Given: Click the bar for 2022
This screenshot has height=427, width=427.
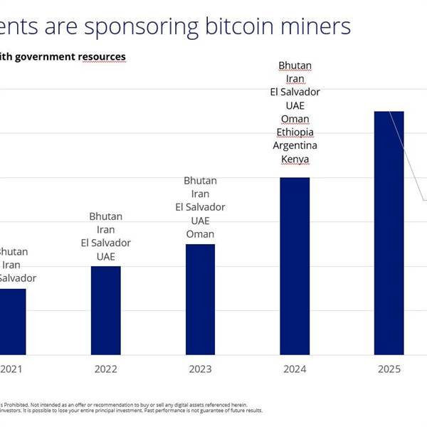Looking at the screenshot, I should tap(105, 310).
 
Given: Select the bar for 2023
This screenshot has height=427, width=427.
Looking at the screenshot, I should tap(200, 299).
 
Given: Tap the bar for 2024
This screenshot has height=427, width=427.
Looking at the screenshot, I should tap(295, 265).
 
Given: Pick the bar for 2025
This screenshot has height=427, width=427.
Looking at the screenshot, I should tap(389, 233).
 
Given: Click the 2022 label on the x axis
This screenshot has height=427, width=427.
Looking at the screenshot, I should tap(105, 369).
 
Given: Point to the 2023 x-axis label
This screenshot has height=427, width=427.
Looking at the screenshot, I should tap(200, 369).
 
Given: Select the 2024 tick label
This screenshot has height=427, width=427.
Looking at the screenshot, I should tap(295, 369).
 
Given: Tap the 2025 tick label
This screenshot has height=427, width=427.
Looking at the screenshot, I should tap(389, 369).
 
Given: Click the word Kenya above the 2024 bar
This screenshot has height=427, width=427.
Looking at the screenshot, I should tap(295, 159).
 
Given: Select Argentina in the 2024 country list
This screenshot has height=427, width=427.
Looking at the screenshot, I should tap(295, 145).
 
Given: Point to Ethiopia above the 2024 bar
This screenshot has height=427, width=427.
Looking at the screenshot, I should tap(295, 132).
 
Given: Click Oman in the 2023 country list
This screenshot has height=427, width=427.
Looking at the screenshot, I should tap(200, 234).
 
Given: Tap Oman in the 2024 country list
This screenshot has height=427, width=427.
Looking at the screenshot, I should tap(295, 118).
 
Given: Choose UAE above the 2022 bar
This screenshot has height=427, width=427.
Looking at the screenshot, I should tap(105, 256).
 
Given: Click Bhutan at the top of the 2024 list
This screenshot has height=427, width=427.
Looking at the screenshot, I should tap(295, 65).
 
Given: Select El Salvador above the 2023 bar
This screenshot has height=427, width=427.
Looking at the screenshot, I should tap(200, 207).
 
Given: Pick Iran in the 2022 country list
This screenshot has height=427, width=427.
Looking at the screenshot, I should tap(105, 229).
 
